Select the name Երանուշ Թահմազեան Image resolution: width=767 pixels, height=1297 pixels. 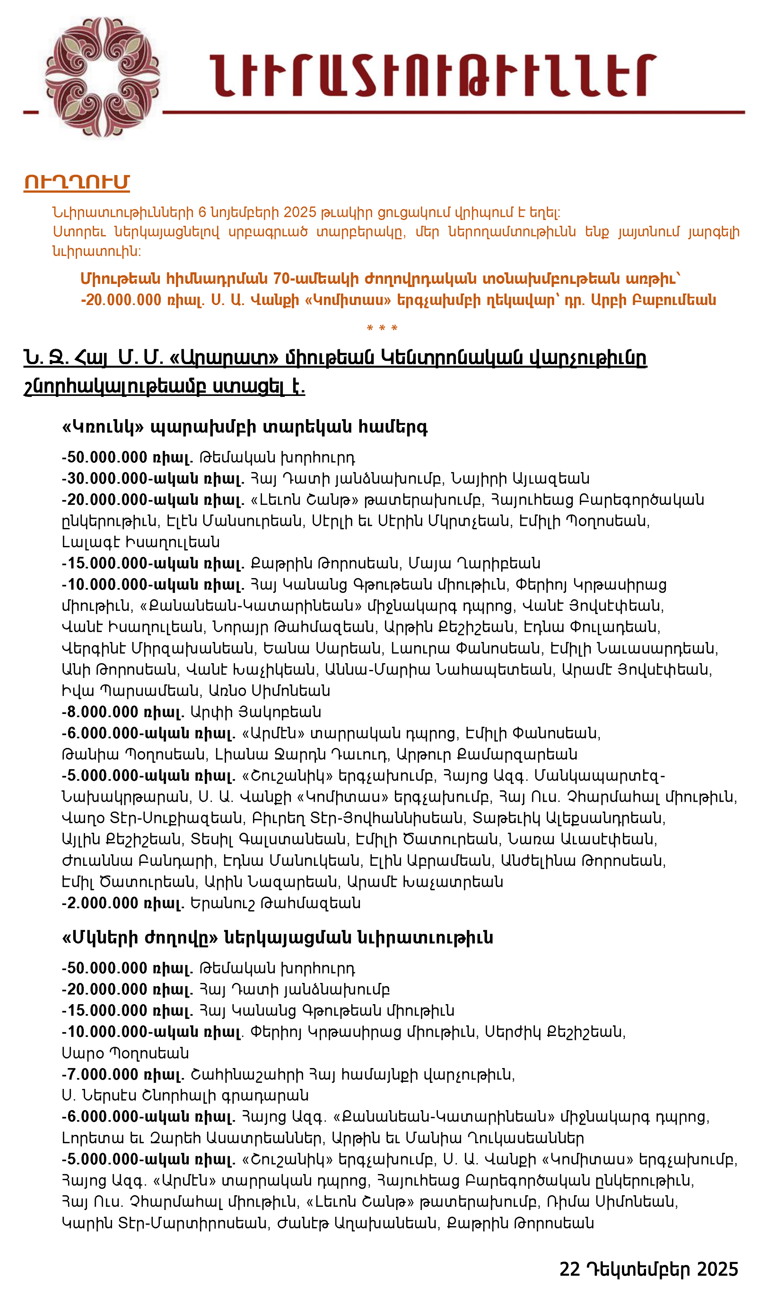(x=276, y=903)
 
